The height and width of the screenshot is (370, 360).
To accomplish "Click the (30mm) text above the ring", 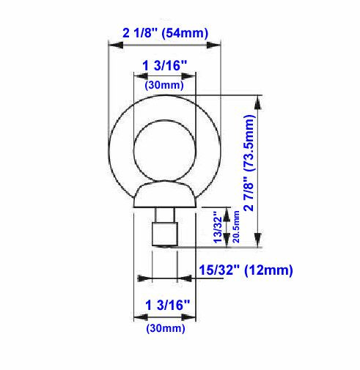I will pyautogui.click(x=164, y=86).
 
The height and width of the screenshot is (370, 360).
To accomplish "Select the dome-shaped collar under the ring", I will pyautogui.click(x=164, y=196).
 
